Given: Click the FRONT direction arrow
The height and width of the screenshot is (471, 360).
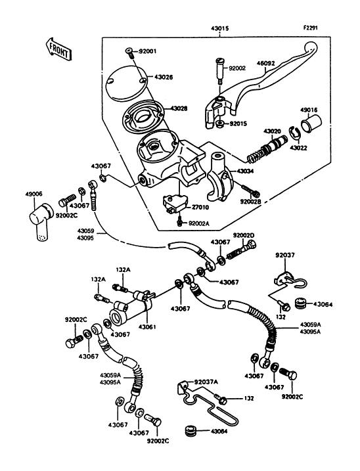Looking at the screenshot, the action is coord(58,49).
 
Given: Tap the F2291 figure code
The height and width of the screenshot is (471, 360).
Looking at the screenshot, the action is coord(311,28).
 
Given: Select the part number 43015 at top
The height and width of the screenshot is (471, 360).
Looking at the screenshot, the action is coord(219,29).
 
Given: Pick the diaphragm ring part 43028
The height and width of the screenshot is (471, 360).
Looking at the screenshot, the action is coord(143,116).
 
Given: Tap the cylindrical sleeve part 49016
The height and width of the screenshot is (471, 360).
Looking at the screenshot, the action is coord(311,123).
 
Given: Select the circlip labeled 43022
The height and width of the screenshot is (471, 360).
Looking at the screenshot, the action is coord(294,133).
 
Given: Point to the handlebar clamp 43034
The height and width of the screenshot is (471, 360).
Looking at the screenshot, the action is coord(220,177).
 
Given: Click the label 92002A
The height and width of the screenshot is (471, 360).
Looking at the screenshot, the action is coord(200,223).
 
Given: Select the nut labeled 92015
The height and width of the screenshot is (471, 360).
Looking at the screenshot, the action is coord(220,123).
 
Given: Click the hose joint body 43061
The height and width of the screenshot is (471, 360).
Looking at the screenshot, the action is coord(131,307).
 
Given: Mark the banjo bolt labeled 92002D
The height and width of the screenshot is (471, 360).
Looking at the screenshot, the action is coord(242,251).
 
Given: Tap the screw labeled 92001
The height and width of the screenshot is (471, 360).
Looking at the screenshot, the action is coord(129,53).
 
